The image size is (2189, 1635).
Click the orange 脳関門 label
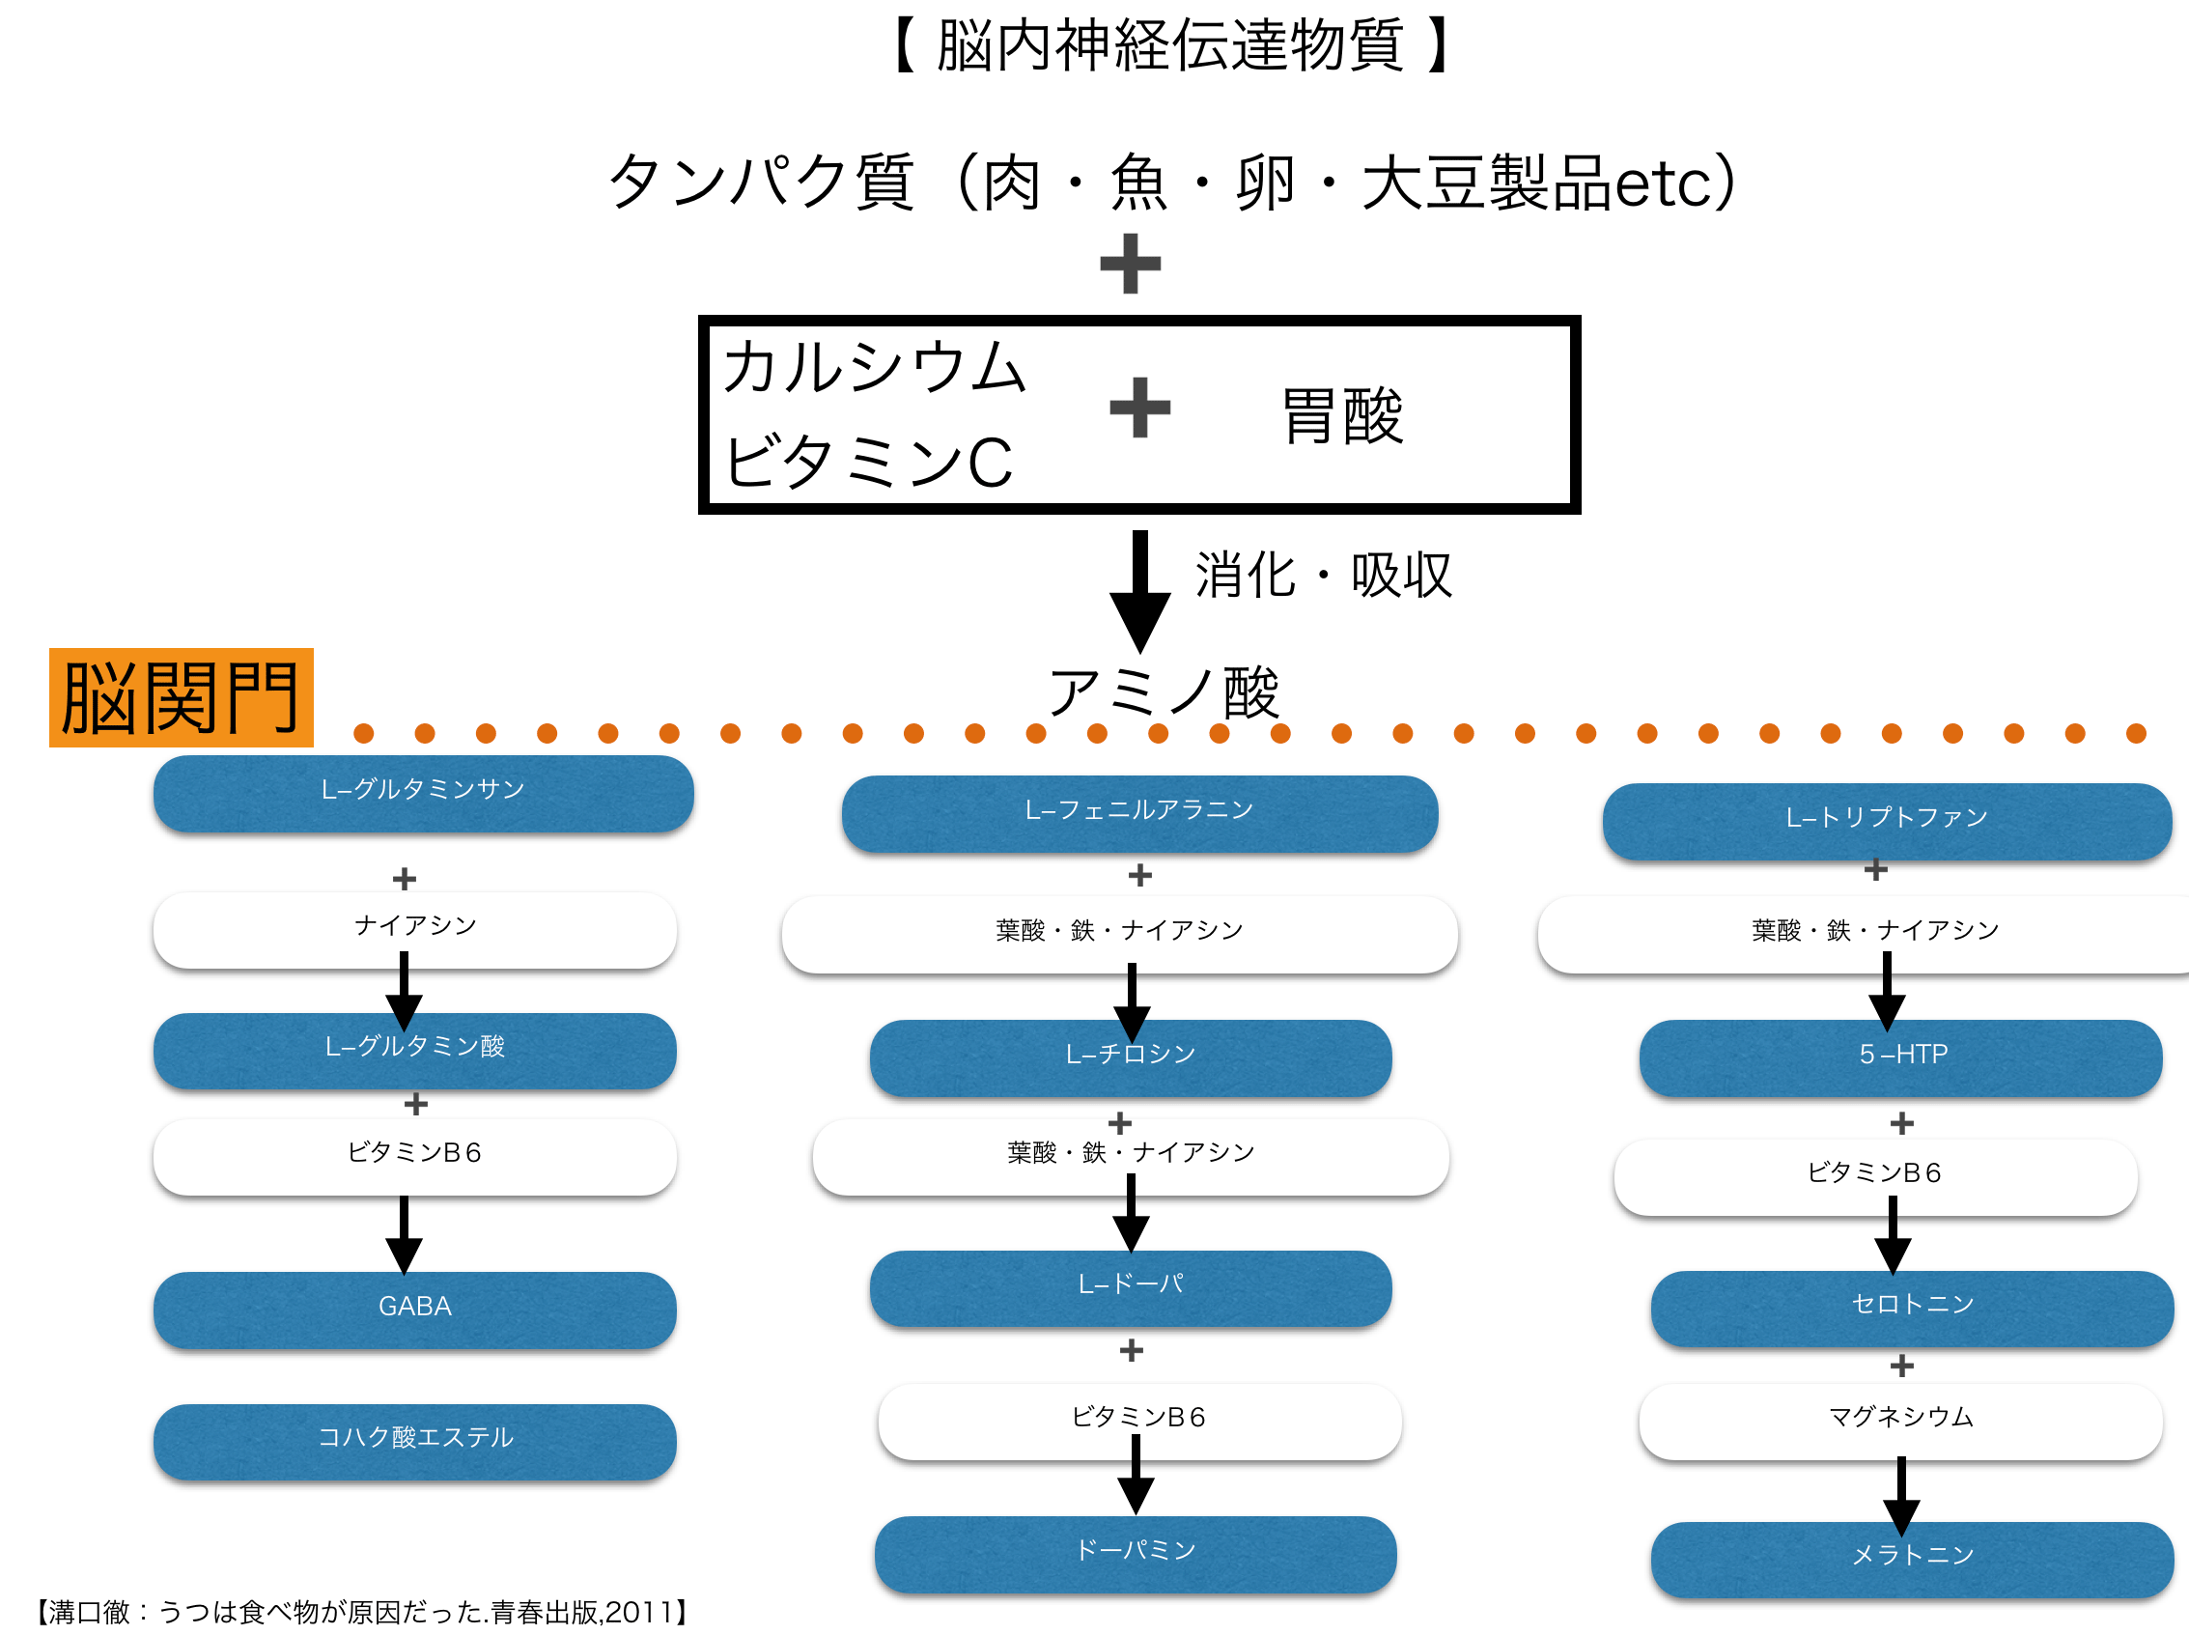(x=182, y=696)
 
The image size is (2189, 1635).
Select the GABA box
(x=414, y=1308)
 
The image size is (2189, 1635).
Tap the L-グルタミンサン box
(x=424, y=792)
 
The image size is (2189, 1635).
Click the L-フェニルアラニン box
(x=1140, y=812)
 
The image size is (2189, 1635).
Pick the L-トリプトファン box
(x=1887, y=821)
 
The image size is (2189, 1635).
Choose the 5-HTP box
(x=1901, y=1057)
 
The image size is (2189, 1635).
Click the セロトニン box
(x=1912, y=1308)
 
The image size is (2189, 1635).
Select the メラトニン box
(x=1912, y=1559)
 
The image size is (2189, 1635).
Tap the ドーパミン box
(x=1137, y=1553)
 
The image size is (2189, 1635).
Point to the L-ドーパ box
(x=1131, y=1287)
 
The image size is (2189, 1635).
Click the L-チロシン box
(x=1131, y=1057)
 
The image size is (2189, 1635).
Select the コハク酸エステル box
(x=414, y=1441)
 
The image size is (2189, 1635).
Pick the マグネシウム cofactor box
(x=1901, y=1421)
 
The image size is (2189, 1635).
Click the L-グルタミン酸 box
(x=414, y=1050)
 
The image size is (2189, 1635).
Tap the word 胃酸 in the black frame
(x=1343, y=415)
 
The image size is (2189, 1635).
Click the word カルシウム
(x=875, y=367)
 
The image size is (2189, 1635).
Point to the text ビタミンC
(x=869, y=463)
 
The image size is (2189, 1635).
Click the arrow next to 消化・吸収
(x=1140, y=592)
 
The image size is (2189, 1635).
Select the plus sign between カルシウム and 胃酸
(x=1140, y=407)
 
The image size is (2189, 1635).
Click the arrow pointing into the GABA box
(x=404, y=1235)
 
